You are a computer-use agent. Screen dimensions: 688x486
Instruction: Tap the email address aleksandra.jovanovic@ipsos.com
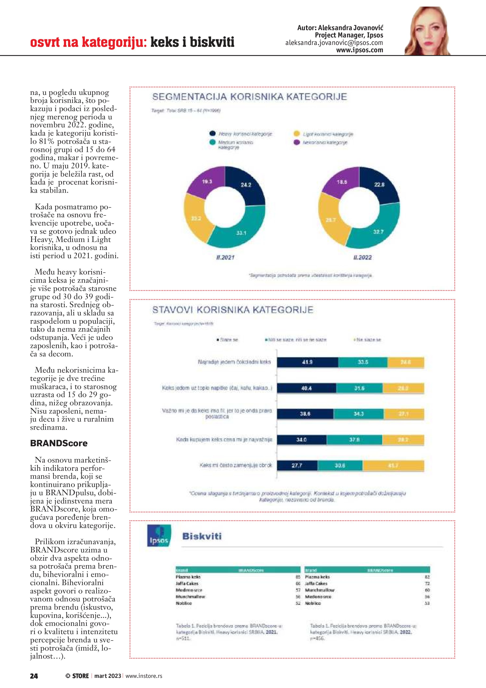[334, 43]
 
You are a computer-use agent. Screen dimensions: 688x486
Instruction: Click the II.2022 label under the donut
[362, 258]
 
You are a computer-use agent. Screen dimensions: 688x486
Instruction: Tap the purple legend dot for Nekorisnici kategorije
[296, 142]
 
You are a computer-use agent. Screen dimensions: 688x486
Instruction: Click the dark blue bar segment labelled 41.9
[307, 362]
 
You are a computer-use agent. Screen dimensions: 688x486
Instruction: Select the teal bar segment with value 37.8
[354, 440]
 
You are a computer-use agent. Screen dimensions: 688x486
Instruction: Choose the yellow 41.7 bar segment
[393, 466]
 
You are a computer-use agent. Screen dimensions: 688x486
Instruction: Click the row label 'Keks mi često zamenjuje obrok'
[236, 465]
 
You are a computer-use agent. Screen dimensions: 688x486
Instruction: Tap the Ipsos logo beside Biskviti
[159, 535]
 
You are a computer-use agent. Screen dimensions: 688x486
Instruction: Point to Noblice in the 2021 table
[184, 603]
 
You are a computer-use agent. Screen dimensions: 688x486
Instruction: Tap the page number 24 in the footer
[34, 676]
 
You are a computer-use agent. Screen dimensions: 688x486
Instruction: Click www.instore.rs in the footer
[144, 676]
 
